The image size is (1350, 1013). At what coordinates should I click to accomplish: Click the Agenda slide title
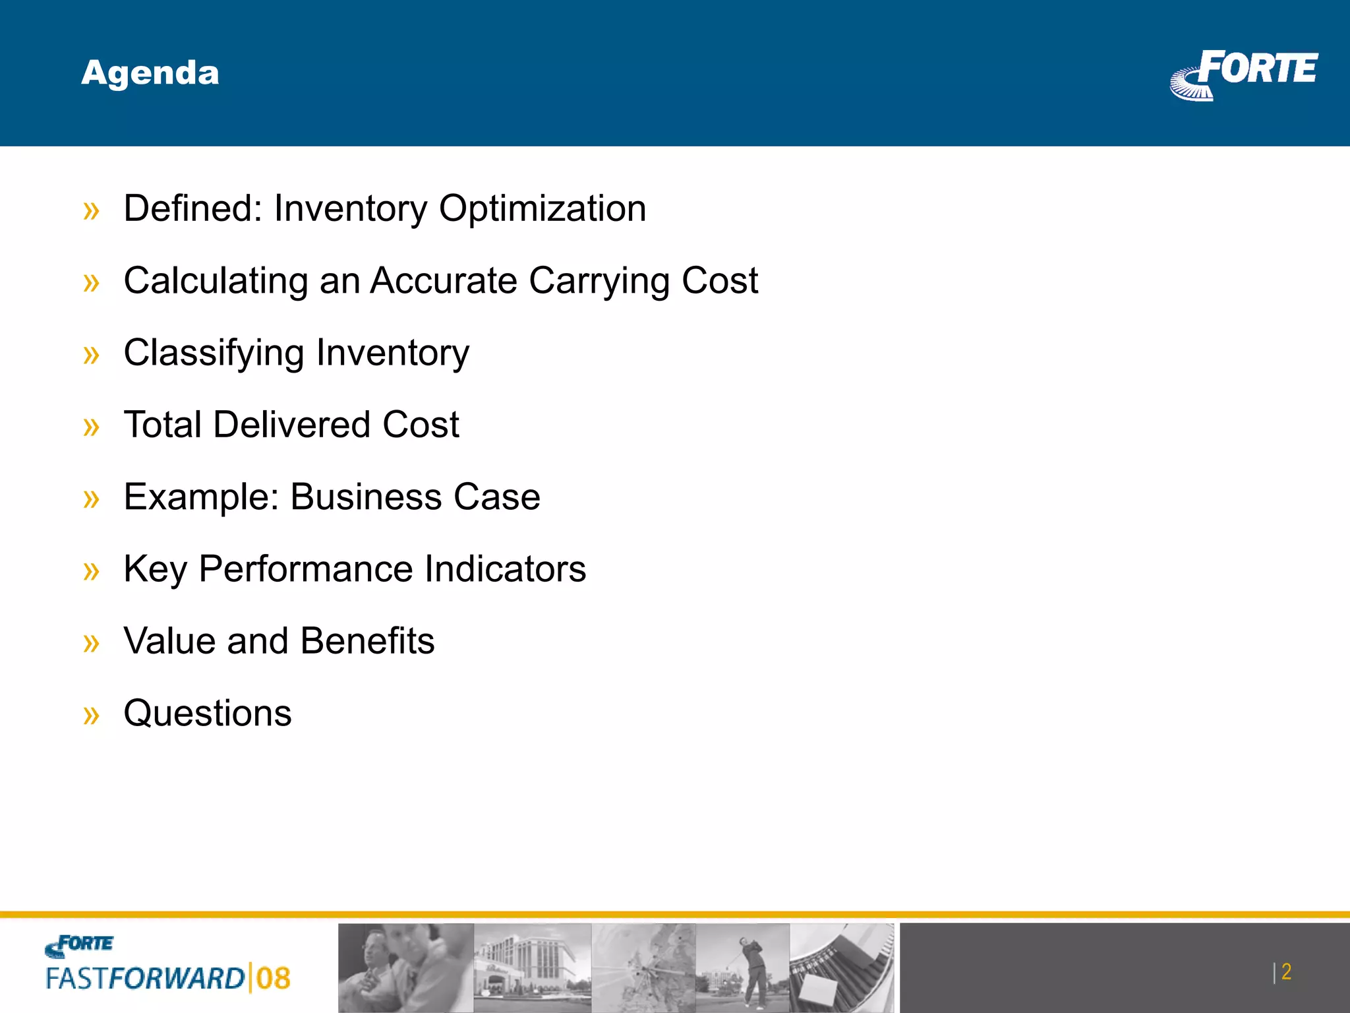150,73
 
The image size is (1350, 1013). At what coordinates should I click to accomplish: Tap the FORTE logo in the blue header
1245,74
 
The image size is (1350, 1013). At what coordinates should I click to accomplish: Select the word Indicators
505,568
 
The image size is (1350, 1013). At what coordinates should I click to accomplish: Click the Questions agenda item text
208,713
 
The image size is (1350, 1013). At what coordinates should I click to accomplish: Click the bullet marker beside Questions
92,715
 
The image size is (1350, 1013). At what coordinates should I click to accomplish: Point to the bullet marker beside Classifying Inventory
92,355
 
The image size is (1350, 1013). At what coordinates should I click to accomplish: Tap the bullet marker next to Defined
92,211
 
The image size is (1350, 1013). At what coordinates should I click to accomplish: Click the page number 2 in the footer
1286,971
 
